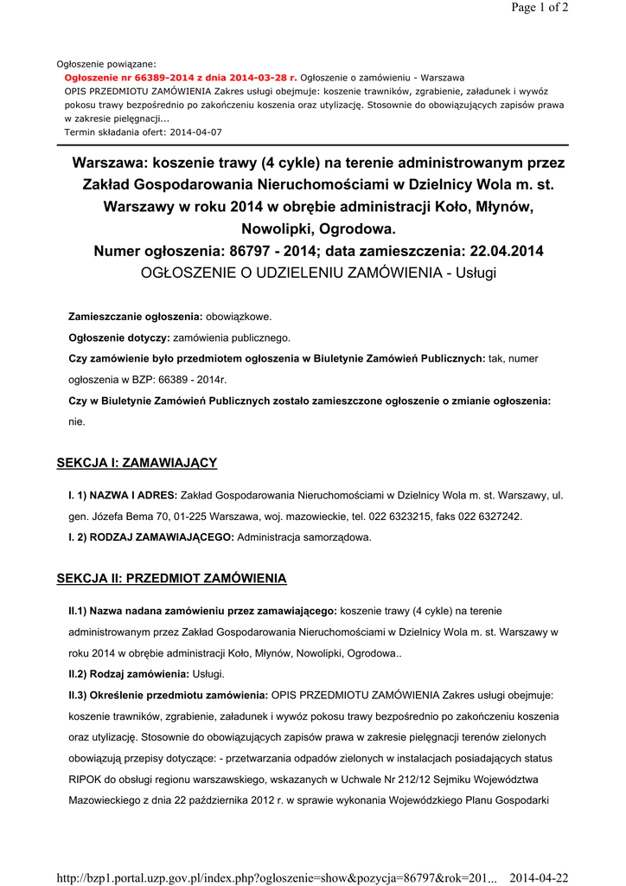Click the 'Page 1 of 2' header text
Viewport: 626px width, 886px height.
click(x=540, y=9)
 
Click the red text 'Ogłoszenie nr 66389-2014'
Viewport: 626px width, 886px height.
click(x=122, y=77)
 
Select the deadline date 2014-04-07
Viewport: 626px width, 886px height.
click(x=195, y=132)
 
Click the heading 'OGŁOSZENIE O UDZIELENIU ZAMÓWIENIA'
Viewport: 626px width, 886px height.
click(x=291, y=273)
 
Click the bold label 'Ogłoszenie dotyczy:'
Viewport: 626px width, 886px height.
click(x=119, y=337)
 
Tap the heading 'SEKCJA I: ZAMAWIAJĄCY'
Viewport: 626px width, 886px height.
click(x=137, y=463)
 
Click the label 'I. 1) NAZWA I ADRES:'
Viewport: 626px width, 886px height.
click(x=123, y=495)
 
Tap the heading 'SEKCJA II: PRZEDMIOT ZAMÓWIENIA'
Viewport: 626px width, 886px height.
click(x=171, y=578)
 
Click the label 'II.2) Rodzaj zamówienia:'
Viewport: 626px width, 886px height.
click(x=129, y=673)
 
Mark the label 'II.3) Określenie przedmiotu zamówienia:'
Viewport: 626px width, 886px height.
click(x=169, y=694)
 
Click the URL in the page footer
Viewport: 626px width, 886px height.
click(x=277, y=878)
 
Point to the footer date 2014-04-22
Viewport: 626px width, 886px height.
click(x=539, y=878)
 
